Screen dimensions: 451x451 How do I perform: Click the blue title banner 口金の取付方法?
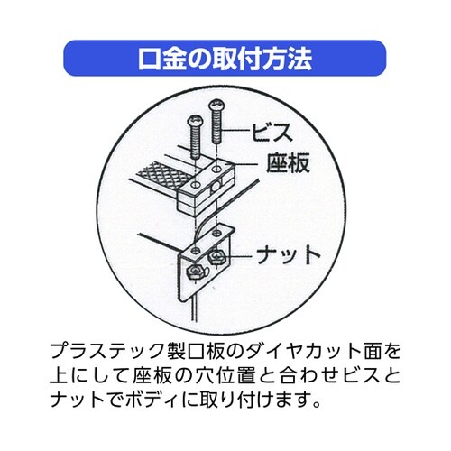tap(225, 59)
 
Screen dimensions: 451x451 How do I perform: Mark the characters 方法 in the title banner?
tap(288, 59)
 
